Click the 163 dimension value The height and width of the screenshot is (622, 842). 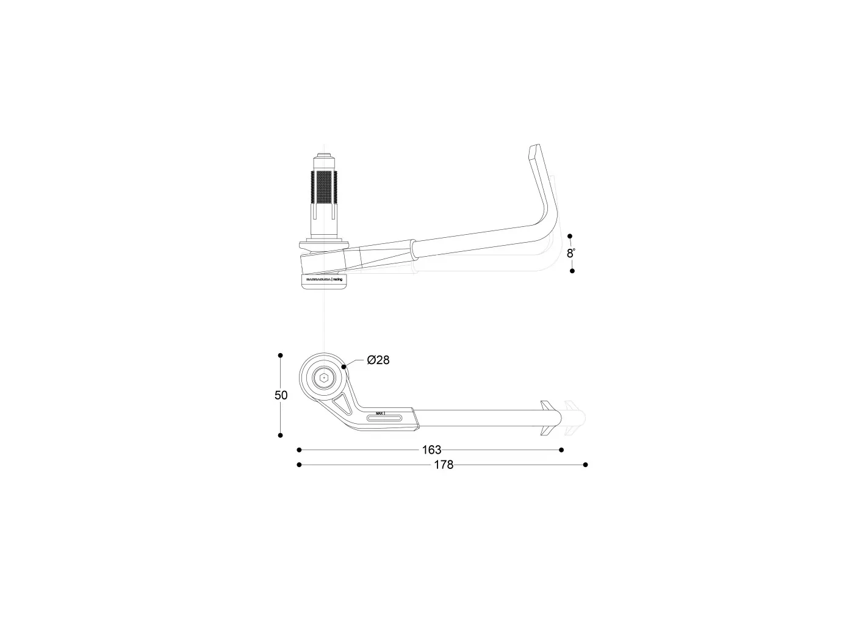coord(431,450)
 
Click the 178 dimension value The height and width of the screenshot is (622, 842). coord(444,465)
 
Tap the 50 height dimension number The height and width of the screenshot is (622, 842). coord(281,395)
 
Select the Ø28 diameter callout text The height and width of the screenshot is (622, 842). coord(378,360)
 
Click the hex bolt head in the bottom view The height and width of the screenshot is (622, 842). coord(323,379)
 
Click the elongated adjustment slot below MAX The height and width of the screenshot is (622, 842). coord(384,418)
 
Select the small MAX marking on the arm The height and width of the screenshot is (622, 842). coord(380,413)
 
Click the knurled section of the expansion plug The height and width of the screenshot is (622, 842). coord(324,187)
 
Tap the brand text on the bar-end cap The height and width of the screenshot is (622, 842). coord(323,279)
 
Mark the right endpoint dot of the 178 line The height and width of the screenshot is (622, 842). coord(585,465)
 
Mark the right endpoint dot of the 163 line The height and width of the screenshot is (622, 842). coord(561,450)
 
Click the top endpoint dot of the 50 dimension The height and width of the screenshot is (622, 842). coord(281,355)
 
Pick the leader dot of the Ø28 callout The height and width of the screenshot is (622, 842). coord(345,366)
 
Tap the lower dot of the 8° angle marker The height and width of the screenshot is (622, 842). coord(572,271)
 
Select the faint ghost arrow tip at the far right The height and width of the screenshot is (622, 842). coord(575,418)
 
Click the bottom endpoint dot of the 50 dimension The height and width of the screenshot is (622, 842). coord(281,435)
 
